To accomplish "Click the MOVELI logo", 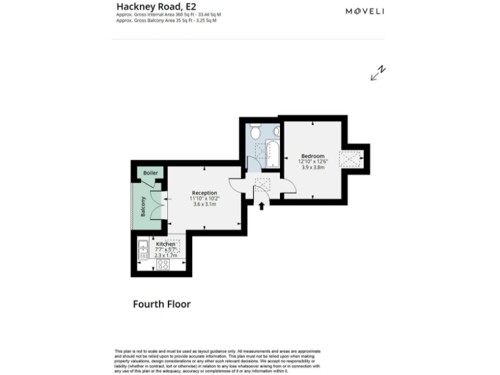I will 365,11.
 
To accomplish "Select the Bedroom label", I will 312,156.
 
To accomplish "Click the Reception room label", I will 204,193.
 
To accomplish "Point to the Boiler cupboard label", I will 150,173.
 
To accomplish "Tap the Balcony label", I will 143,206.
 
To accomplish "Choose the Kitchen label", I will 165,244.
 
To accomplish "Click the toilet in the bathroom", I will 256,132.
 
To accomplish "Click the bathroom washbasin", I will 276,132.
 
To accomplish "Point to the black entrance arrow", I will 262,206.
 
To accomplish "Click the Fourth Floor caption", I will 161,304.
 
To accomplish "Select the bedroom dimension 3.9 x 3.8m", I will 312,167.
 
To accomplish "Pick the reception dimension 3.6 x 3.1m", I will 204,204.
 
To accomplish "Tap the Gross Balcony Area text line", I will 166,21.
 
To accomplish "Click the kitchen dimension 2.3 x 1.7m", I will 165,256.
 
